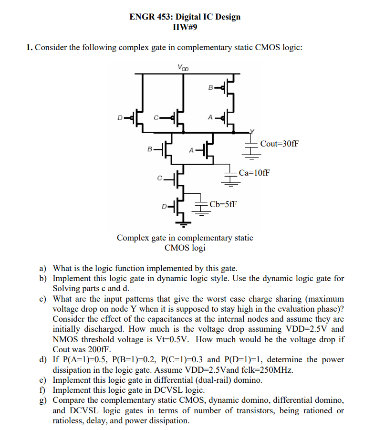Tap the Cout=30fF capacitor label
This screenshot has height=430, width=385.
[x=280, y=143]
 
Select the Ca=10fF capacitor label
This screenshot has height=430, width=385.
[x=254, y=172]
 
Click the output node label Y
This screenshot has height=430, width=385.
[x=253, y=129]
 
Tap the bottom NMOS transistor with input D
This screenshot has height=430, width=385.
[x=179, y=207]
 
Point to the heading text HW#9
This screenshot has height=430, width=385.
[x=185, y=27]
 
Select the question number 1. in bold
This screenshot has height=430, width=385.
[x=30, y=48]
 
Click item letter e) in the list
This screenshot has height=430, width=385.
[x=43, y=380]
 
